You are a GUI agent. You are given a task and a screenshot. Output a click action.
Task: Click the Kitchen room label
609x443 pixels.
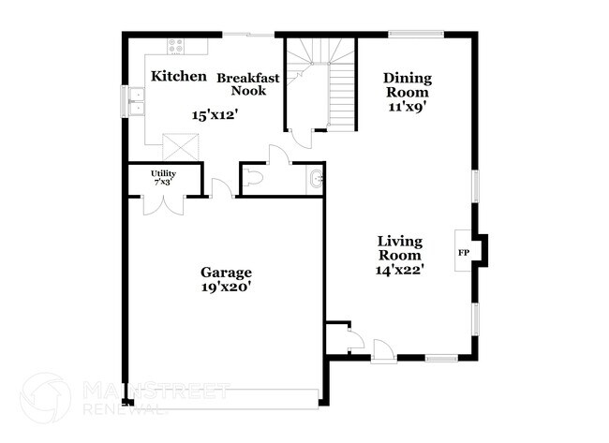178,76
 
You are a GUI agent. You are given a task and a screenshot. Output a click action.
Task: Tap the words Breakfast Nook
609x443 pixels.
247,84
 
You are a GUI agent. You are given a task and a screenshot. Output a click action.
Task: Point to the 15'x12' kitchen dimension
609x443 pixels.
215,115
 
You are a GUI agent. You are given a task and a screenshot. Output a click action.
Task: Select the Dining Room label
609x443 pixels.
408,85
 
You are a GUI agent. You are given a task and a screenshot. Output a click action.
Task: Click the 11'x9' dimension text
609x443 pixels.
408,108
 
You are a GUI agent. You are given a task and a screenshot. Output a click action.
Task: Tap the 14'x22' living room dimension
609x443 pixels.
399,269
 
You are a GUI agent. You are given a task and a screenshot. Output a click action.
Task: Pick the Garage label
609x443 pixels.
226,273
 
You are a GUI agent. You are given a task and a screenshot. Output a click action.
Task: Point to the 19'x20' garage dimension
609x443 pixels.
226,288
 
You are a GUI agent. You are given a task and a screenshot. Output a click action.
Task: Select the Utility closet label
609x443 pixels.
164,174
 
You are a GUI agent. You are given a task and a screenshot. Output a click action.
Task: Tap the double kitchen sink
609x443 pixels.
136,101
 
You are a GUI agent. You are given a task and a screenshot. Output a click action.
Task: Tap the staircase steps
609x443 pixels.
342,94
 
